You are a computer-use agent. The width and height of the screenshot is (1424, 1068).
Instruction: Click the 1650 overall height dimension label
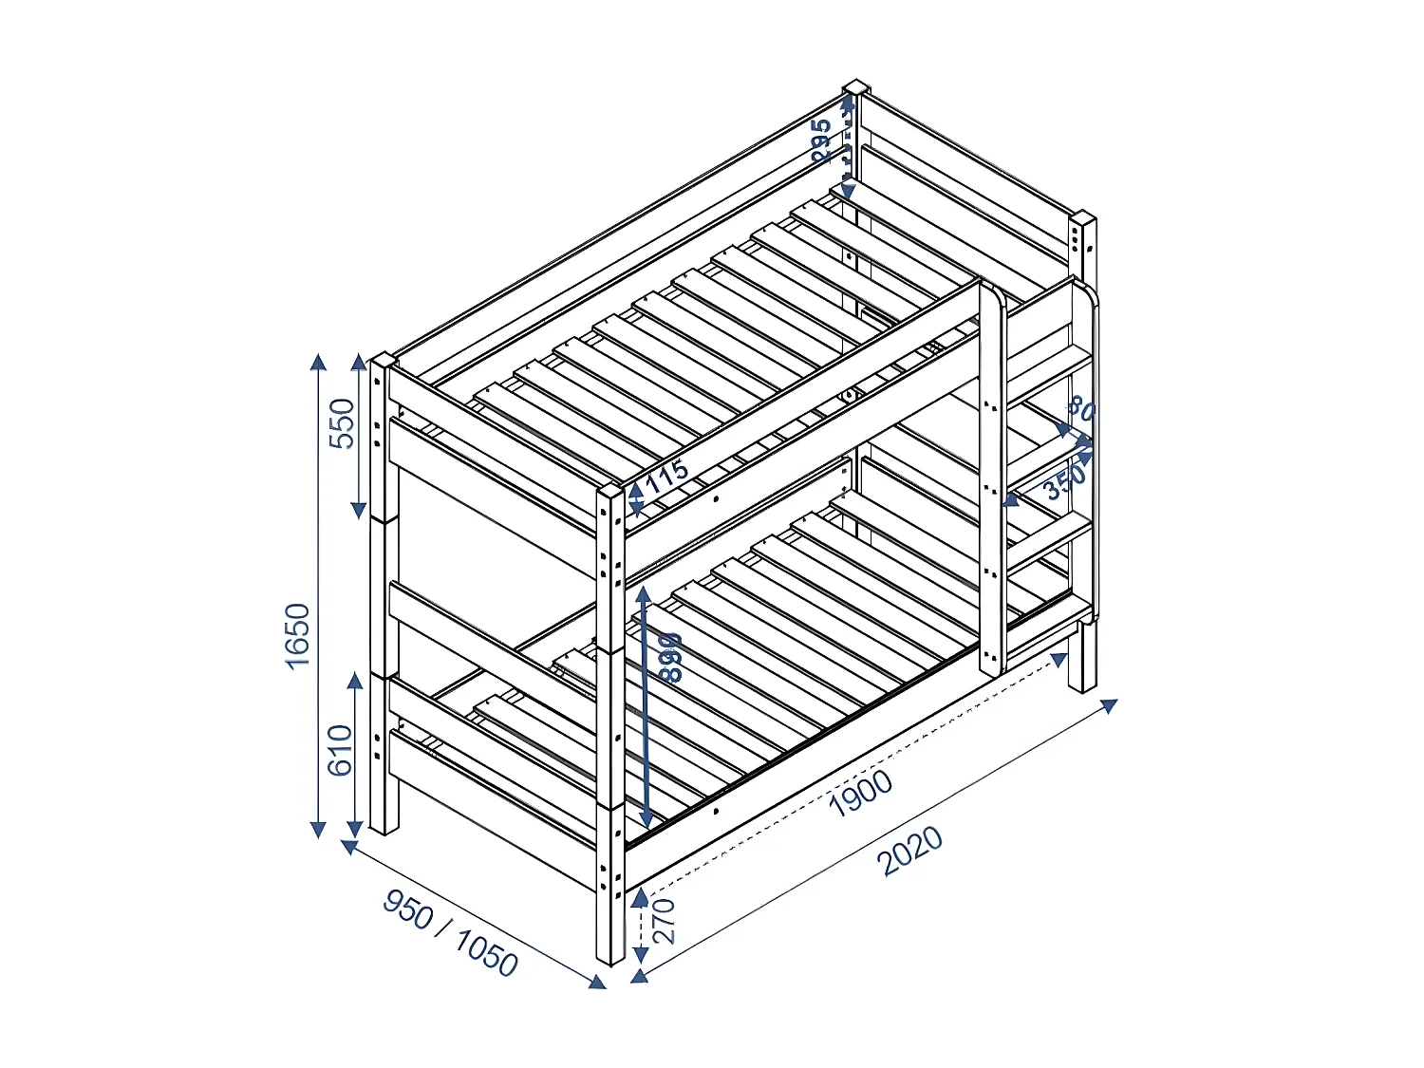(x=298, y=635)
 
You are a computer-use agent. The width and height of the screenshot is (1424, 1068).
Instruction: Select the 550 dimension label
(x=342, y=423)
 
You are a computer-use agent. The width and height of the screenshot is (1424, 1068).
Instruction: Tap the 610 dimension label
(x=340, y=750)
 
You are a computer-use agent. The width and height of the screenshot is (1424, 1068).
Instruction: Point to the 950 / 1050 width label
(x=450, y=933)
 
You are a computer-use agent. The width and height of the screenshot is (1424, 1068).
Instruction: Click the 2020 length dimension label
(x=909, y=851)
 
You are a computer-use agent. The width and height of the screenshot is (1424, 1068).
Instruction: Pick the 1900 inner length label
(x=860, y=793)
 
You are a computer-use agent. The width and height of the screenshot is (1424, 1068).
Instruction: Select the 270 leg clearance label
(x=665, y=920)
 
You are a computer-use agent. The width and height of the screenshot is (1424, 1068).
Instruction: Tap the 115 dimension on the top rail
(x=666, y=474)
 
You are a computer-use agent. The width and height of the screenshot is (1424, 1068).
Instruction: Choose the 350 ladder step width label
(x=1064, y=483)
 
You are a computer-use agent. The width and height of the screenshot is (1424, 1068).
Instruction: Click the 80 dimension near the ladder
(x=1081, y=409)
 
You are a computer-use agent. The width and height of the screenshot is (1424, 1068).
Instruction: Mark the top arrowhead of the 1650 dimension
(x=318, y=361)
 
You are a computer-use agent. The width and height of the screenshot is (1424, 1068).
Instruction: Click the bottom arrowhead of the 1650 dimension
(x=319, y=831)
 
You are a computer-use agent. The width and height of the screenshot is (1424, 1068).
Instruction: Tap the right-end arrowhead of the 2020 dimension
(x=1109, y=705)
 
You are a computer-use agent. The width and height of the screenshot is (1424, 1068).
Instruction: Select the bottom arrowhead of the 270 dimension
(x=640, y=974)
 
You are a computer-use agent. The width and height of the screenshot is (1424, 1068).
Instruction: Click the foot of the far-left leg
(x=384, y=829)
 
